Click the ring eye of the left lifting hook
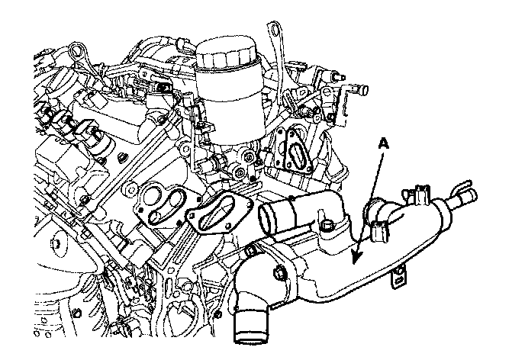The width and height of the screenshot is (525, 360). (77, 53)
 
